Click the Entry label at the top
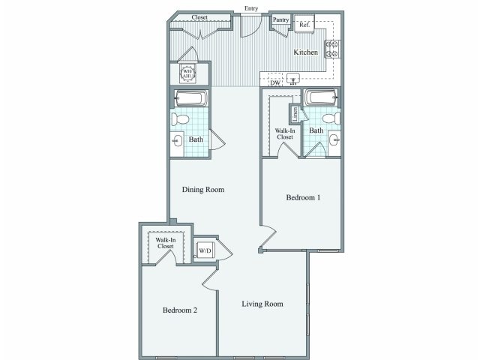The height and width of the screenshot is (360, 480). [x=250, y=8]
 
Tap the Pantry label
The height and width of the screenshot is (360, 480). [x=281, y=19]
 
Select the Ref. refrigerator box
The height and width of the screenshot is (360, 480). [x=304, y=25]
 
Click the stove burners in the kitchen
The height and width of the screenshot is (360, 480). [x=331, y=49]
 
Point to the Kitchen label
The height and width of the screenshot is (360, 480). [x=305, y=52]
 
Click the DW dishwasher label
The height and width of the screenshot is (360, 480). [x=275, y=82]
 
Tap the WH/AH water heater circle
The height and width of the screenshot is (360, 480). [x=188, y=73]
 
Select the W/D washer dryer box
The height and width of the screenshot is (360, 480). [x=205, y=250]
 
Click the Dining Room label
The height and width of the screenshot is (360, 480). [x=203, y=190]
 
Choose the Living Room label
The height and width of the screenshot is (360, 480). [x=262, y=304]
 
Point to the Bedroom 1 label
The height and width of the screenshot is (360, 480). [x=303, y=198]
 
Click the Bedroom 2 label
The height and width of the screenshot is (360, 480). [x=180, y=310]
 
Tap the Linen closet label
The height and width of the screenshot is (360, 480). [x=295, y=114]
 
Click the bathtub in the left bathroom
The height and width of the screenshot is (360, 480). [x=192, y=98]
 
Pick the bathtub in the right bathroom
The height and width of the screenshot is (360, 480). [x=322, y=97]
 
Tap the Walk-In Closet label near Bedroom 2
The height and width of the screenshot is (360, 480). [x=165, y=243]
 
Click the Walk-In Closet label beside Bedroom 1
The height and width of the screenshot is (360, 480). [x=284, y=133]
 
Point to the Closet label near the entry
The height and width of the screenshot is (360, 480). [x=199, y=16]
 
